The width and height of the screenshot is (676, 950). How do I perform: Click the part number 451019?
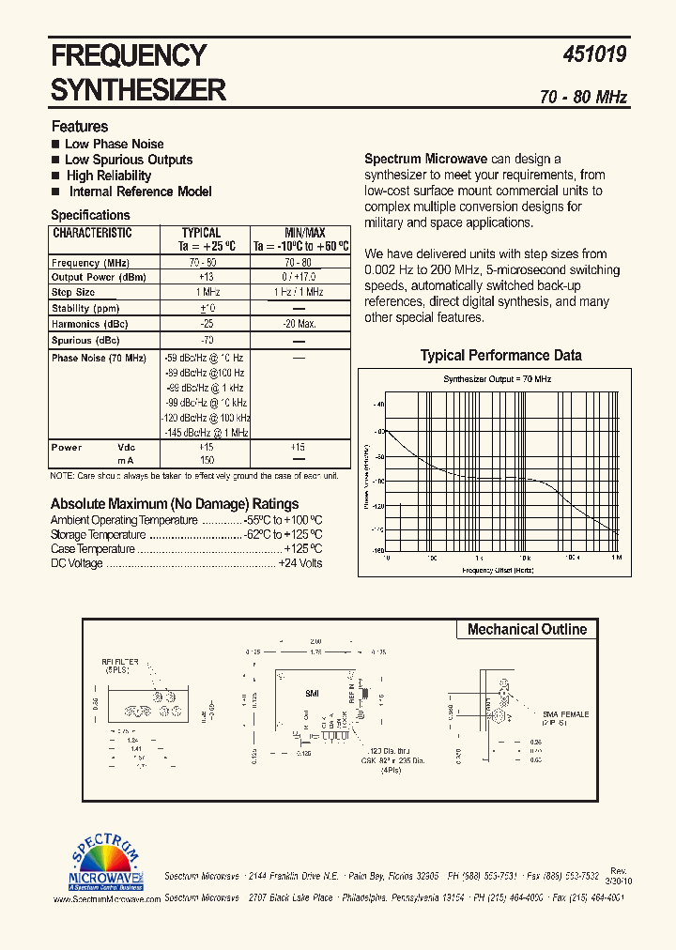[x=593, y=55]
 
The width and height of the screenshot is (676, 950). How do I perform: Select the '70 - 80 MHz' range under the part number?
[x=583, y=98]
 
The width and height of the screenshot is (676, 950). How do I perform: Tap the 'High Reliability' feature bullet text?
[x=108, y=176]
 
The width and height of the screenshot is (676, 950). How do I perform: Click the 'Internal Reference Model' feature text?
[x=140, y=192]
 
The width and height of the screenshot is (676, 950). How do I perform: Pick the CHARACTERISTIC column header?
[x=92, y=233]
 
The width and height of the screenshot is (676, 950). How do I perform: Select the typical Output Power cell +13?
[x=207, y=278]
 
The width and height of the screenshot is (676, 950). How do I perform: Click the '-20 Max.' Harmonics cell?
[x=300, y=324]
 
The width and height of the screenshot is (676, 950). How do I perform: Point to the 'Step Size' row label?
[x=73, y=293]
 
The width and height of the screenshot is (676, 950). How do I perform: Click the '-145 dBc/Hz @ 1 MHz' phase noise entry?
[x=207, y=432]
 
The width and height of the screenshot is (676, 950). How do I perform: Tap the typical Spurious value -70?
[x=207, y=341]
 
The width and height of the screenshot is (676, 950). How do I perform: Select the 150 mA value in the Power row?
[x=207, y=461]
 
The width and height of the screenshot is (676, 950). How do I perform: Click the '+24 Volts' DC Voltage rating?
[x=300, y=563]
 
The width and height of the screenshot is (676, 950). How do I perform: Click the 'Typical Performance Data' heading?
[x=500, y=356]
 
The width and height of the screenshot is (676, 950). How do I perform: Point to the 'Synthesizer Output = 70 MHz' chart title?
[x=497, y=378]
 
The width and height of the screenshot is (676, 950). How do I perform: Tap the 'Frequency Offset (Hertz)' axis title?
[x=497, y=570]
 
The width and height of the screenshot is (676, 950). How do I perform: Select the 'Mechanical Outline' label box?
[x=527, y=630]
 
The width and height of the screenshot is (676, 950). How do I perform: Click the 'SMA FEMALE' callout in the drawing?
[x=565, y=714]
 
